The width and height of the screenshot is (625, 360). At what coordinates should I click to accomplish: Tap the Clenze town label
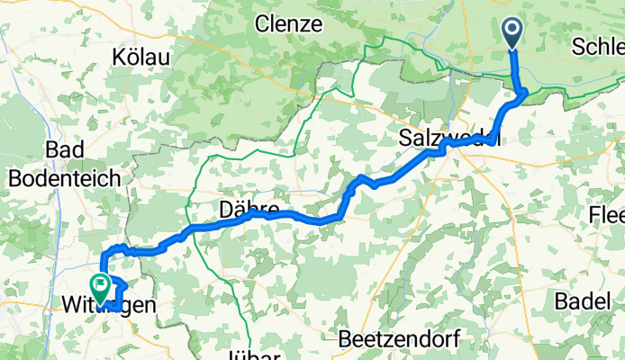tap(288, 24)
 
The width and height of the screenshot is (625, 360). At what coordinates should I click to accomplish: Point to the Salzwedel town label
tap(448, 139)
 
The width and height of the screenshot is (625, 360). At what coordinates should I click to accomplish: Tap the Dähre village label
tap(247, 210)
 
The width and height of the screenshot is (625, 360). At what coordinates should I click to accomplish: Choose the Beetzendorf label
tap(398, 339)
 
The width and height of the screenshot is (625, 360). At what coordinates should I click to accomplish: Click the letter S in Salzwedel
tap(404, 139)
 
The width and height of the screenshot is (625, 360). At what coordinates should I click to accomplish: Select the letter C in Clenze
tap(262, 24)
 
